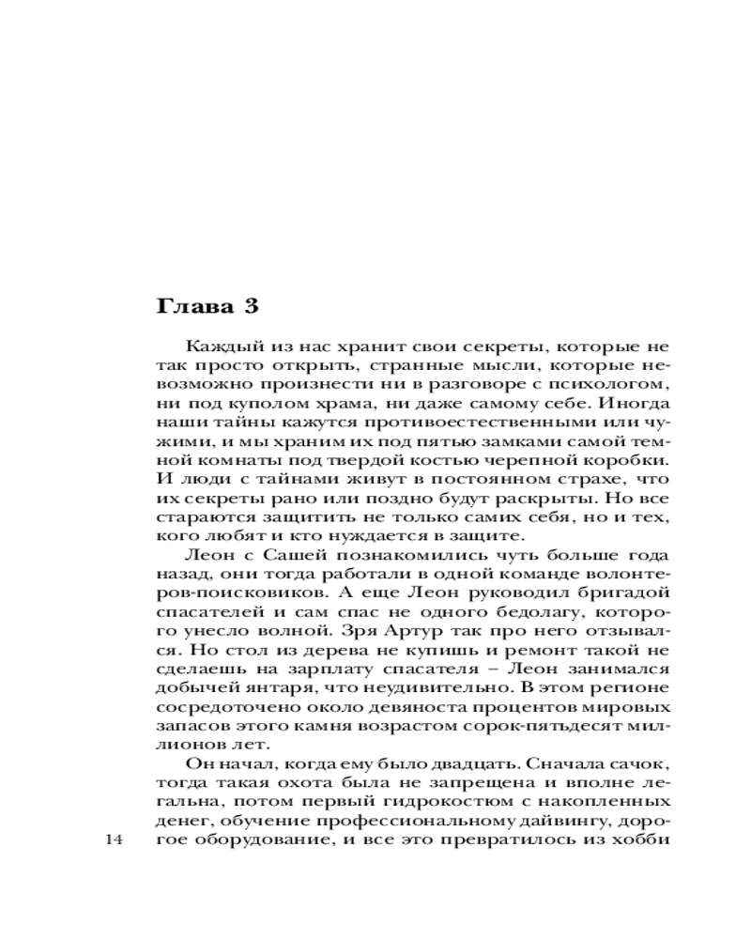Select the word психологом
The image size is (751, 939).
point(619,386)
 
